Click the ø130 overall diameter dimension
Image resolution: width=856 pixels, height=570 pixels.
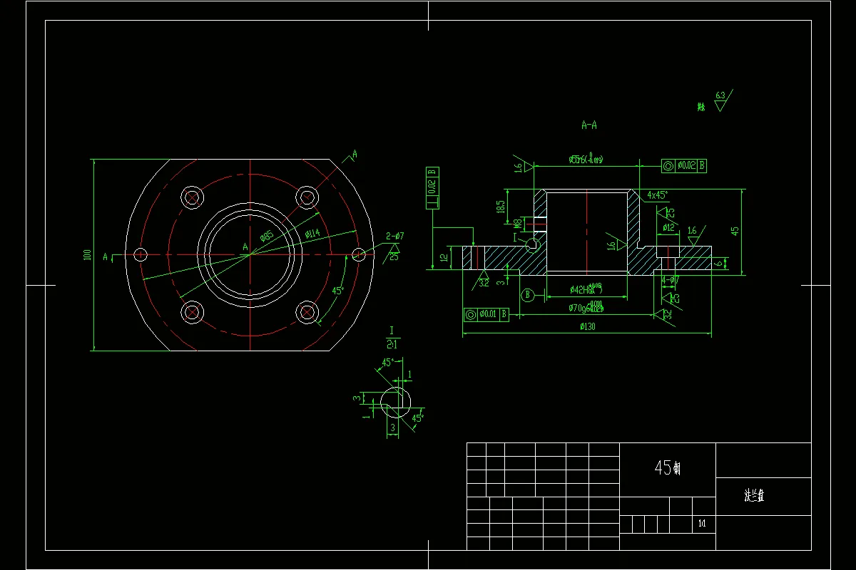(x=587, y=326)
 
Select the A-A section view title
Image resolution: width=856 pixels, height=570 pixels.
(x=589, y=125)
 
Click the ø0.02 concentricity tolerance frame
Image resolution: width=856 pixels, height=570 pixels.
(x=684, y=165)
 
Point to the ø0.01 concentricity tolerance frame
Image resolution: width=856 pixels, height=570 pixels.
(x=486, y=313)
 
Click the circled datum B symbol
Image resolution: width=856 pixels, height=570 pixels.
(x=528, y=294)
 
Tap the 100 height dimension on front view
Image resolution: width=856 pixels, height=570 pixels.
(x=87, y=254)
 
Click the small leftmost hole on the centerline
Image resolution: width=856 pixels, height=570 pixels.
(x=141, y=254)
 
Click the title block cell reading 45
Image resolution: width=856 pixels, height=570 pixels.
(x=667, y=468)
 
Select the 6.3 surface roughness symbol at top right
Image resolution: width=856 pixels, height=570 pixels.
(x=720, y=99)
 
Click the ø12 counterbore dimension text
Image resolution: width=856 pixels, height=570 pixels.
(x=668, y=227)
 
